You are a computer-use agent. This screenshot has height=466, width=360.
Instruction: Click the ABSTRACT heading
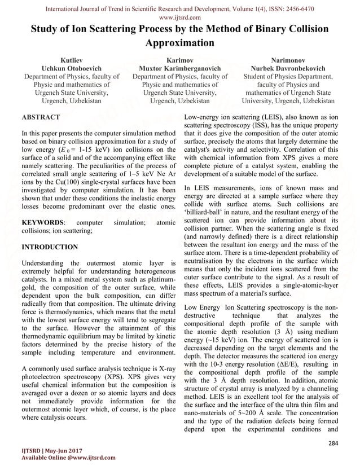click(x=39, y=117)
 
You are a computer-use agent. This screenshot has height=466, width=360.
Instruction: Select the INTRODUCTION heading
click(x=49, y=247)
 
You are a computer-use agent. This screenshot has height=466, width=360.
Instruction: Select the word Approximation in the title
click(x=179, y=43)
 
